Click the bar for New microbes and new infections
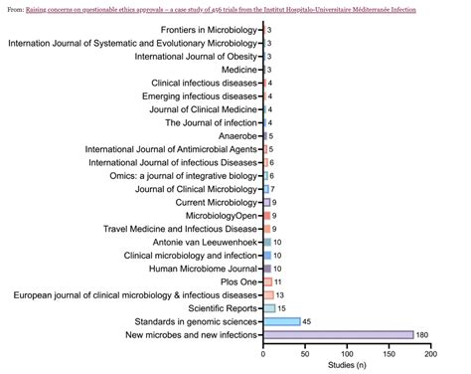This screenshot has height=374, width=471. tap(338, 334)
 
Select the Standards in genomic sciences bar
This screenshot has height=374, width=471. tap(281, 321)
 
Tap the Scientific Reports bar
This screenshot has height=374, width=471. tap(268, 308)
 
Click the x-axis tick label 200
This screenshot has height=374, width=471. tap(429, 354)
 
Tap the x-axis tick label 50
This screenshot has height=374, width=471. tap(305, 354)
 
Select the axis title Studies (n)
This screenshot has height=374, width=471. tap(347, 366)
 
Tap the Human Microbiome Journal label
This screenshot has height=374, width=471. tap(202, 269)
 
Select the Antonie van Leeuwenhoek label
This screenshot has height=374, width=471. tap(197, 242)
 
